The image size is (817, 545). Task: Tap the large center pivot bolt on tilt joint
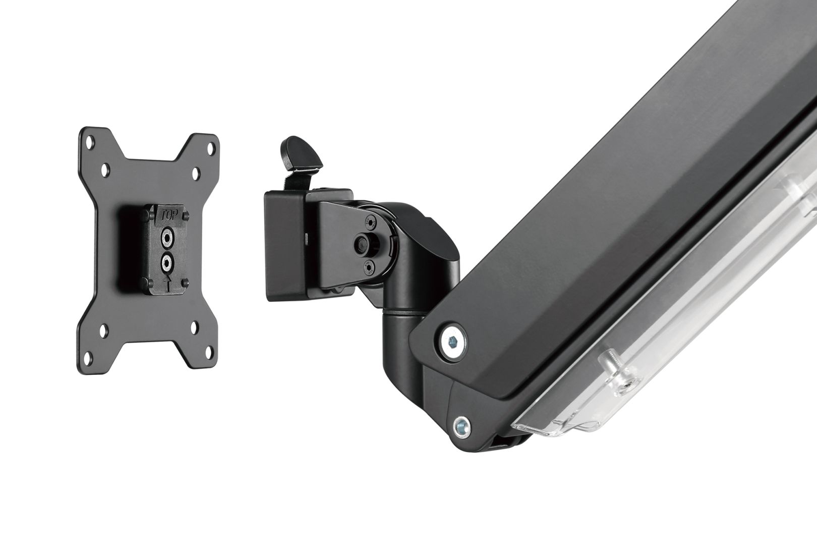pos(361,243)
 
